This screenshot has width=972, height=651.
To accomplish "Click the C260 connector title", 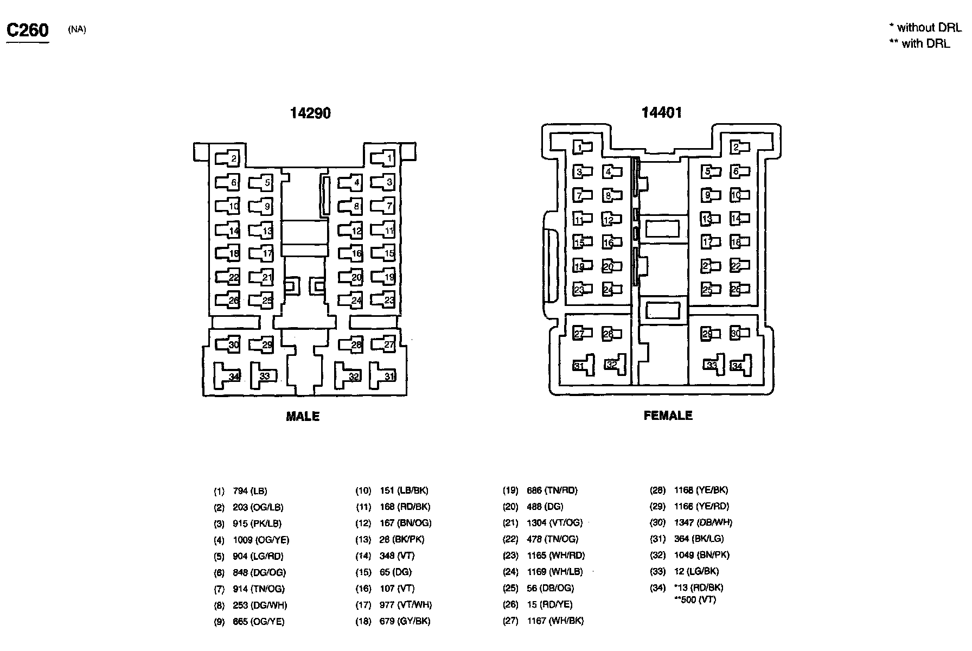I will pos(27,30).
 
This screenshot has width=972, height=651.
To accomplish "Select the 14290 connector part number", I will pos(310,113).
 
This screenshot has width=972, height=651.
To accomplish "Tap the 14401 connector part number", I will pos(661,112).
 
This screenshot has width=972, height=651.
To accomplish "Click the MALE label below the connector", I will pos(303,417).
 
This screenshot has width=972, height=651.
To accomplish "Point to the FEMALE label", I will pos(668,416).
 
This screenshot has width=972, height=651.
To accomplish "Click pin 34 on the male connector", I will pos(227,375).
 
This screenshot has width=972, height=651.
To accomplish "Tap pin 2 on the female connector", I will pos(738,148).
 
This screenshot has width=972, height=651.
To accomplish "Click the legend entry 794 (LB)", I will pos(250,491).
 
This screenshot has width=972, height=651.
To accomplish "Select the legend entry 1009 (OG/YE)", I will pos(261,540).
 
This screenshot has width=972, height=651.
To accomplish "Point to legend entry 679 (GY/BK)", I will pos(405,621).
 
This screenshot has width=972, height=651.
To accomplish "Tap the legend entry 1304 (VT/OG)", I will pos(554,522).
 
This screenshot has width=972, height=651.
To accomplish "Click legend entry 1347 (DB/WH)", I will pos(703,522).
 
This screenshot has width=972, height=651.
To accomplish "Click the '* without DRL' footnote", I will pos(925,27).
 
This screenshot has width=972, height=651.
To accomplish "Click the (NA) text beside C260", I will pos(76,30).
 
